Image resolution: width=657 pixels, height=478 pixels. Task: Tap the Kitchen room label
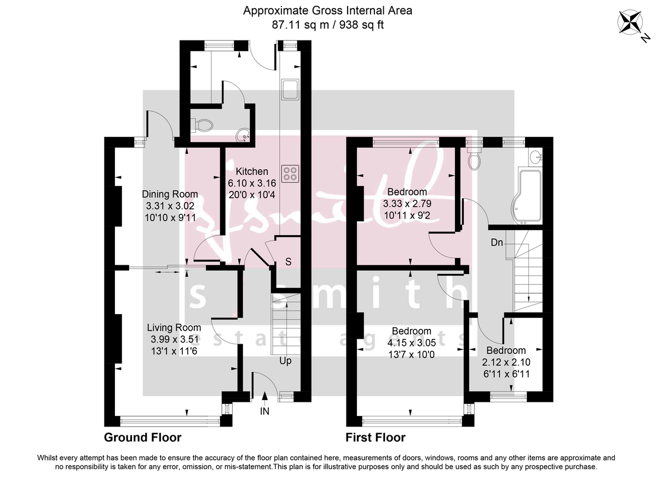[x=248, y=172]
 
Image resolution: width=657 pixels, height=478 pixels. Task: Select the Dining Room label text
[x=170, y=194]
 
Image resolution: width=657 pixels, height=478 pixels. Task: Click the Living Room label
[x=174, y=328]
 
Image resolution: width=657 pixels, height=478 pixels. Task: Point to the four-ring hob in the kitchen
[x=291, y=174]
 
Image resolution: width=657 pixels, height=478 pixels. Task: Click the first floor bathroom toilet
[x=474, y=158]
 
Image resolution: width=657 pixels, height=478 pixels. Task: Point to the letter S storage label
[x=288, y=262]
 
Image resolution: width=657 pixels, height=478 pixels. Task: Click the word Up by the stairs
[x=285, y=361]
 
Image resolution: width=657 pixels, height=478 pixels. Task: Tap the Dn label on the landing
[x=496, y=242]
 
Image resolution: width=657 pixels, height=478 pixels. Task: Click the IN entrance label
[x=265, y=410]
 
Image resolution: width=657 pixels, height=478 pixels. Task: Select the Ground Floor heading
[x=142, y=437]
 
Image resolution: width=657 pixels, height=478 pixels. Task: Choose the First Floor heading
[x=375, y=437]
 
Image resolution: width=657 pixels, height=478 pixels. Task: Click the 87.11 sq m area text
[x=295, y=25]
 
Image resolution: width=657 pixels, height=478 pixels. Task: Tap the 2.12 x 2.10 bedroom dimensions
[x=506, y=362]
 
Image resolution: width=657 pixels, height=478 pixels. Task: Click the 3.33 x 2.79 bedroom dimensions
[x=406, y=204]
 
